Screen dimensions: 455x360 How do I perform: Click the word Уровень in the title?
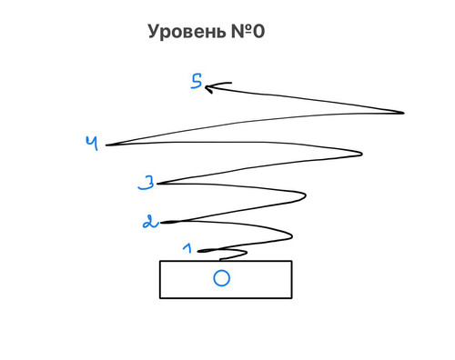(x=187, y=32)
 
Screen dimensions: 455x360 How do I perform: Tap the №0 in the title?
(x=248, y=31)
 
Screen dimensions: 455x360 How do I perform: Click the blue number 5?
(x=197, y=81)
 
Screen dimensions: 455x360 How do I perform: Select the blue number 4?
(x=92, y=143)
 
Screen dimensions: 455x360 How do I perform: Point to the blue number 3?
(x=147, y=183)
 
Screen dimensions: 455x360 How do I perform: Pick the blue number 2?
(x=150, y=222)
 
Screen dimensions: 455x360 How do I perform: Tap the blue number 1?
(x=187, y=248)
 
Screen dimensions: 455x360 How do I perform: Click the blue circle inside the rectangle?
(x=221, y=278)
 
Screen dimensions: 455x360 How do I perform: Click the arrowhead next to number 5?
(x=209, y=87)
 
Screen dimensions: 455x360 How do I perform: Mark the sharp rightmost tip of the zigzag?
(x=404, y=113)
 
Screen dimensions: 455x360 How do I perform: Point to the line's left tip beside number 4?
(x=106, y=145)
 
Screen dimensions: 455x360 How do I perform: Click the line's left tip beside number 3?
(x=157, y=184)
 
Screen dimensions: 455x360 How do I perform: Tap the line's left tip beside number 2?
(x=161, y=223)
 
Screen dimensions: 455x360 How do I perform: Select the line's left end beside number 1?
(x=197, y=251)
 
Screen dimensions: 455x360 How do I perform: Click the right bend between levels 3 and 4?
(x=362, y=154)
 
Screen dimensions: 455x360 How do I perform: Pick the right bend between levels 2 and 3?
(x=305, y=196)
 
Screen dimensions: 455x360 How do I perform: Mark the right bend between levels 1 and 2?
(x=292, y=235)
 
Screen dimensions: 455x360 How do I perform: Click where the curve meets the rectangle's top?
(x=220, y=260)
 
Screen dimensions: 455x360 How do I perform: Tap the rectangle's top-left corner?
(x=160, y=261)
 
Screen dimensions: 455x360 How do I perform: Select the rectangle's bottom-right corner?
(x=292, y=298)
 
